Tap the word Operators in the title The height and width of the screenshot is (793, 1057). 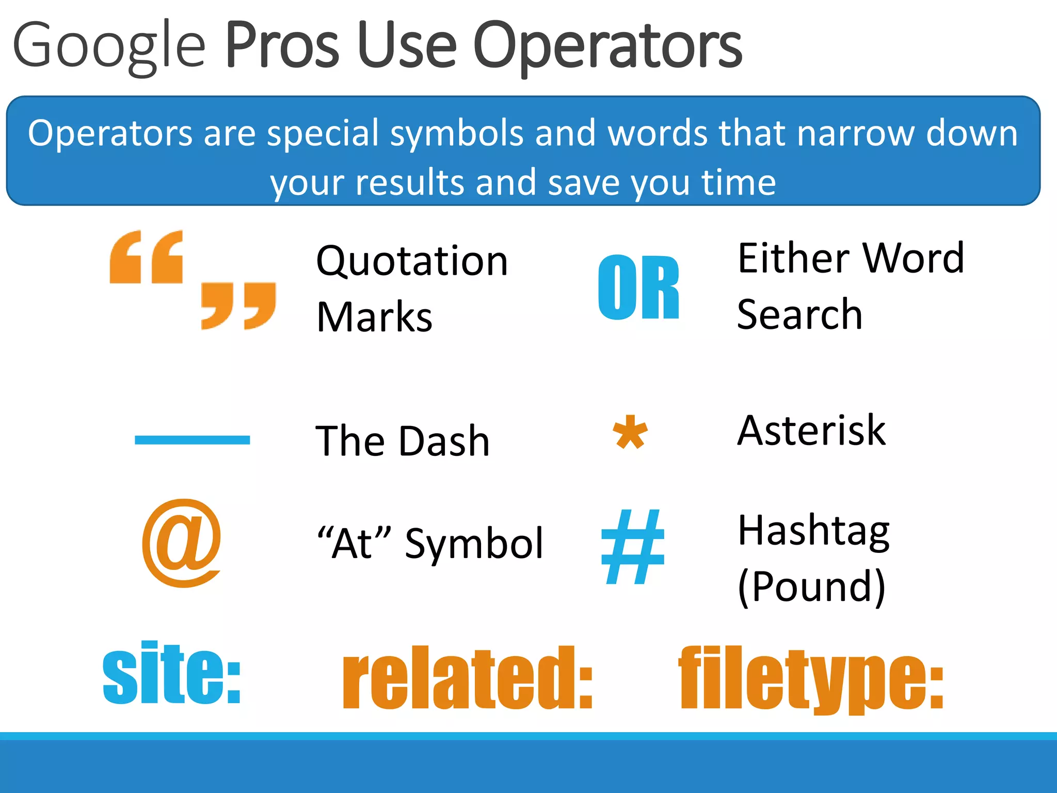[607, 46]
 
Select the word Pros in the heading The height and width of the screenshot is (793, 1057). [282, 45]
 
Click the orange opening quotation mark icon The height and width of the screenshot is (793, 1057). [146, 257]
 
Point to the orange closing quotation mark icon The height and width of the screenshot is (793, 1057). [238, 305]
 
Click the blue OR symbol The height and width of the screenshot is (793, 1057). [638, 288]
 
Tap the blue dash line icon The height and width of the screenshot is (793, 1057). [192, 440]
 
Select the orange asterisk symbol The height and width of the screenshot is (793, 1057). [630, 433]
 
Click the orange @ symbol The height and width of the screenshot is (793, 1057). [182, 543]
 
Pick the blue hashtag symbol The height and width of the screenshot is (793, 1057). [633, 547]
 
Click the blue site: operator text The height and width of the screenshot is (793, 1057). [172, 674]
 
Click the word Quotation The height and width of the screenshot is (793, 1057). [412, 261]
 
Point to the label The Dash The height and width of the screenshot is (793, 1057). [402, 441]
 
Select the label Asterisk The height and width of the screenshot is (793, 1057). [811, 431]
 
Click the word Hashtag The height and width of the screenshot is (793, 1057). [813, 532]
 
